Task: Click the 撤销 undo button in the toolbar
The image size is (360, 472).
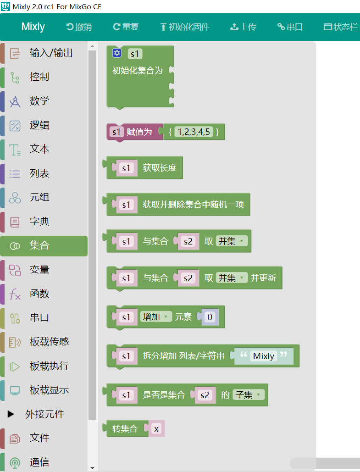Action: point(79,27)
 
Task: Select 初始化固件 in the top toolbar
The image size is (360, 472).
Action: point(185,27)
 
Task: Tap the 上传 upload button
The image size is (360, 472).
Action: point(243,27)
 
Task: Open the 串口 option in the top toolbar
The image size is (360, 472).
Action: point(290,27)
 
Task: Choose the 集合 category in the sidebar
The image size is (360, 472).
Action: point(44,246)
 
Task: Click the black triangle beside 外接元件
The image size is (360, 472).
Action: point(11,414)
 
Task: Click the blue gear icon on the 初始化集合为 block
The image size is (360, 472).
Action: point(117,53)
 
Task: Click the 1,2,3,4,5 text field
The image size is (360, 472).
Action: point(194,132)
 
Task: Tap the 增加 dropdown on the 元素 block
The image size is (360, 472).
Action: point(155,317)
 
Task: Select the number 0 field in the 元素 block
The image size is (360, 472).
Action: point(210,317)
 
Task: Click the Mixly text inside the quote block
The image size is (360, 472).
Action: point(263,356)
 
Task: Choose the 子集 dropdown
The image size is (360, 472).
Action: point(249,394)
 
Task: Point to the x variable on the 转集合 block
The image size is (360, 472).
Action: point(156,428)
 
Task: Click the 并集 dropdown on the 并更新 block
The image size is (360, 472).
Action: point(232,278)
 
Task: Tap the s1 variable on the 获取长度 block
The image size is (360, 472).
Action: point(126,168)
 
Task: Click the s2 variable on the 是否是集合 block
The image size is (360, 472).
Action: point(205,395)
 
